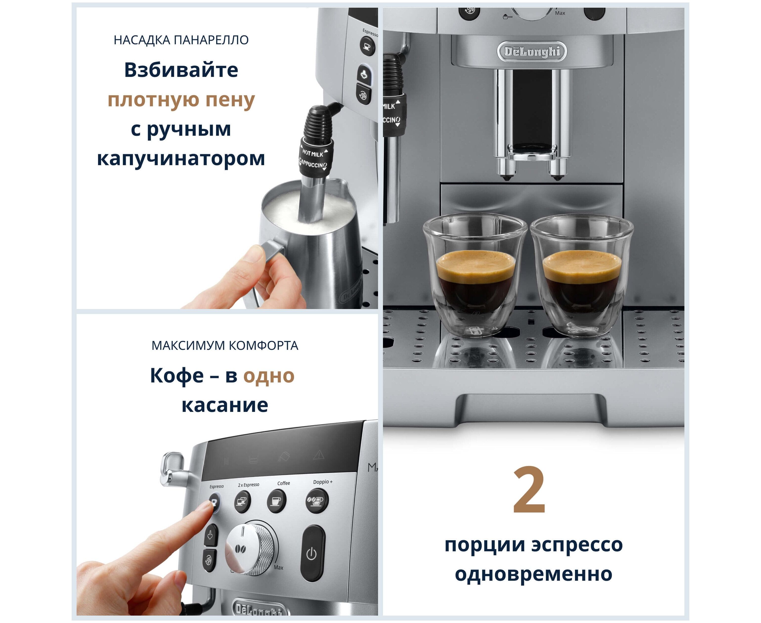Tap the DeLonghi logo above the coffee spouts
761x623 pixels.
point(532,52)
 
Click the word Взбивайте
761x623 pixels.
point(181,70)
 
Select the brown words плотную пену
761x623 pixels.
point(181,100)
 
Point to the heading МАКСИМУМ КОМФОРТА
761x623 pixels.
point(225,346)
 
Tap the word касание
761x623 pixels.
point(225,405)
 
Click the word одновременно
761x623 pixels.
point(534,574)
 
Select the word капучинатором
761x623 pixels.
point(181,159)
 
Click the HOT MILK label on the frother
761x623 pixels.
point(313,154)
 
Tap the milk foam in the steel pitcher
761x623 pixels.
point(308,212)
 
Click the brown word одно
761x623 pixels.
point(269,376)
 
